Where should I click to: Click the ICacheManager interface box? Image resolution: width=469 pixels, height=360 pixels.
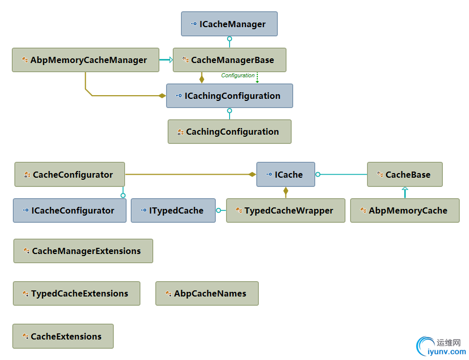click(229, 24)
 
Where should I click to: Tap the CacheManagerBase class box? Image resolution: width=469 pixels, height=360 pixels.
click(229, 60)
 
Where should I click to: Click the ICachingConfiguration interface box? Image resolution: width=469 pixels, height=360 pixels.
click(229, 96)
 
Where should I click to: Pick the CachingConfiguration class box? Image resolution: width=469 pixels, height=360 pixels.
click(229, 132)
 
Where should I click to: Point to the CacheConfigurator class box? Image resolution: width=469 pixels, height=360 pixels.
click(69, 175)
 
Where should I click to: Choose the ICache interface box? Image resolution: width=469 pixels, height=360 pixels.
click(286, 175)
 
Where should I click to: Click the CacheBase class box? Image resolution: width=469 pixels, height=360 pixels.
click(404, 175)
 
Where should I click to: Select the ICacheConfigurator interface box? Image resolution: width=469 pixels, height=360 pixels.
click(69, 210)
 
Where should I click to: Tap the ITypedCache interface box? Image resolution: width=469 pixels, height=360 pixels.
click(173, 210)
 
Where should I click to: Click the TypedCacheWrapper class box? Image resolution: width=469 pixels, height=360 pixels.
click(286, 210)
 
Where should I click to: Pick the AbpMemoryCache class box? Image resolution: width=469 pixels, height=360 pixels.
click(404, 210)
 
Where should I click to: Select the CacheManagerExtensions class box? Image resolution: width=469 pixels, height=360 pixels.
click(83, 251)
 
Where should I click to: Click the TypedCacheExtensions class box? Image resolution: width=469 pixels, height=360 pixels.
click(76, 293)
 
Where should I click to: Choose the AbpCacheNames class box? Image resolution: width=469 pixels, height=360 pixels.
click(207, 293)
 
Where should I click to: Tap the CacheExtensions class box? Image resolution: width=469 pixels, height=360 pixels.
click(63, 336)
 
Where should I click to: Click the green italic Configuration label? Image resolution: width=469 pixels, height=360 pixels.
click(238, 75)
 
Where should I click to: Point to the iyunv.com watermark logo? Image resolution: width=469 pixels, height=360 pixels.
click(441, 347)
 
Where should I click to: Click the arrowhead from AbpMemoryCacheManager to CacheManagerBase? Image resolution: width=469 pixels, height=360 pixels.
click(171, 60)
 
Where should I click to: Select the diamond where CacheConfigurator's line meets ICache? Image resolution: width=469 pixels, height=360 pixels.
click(252, 175)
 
